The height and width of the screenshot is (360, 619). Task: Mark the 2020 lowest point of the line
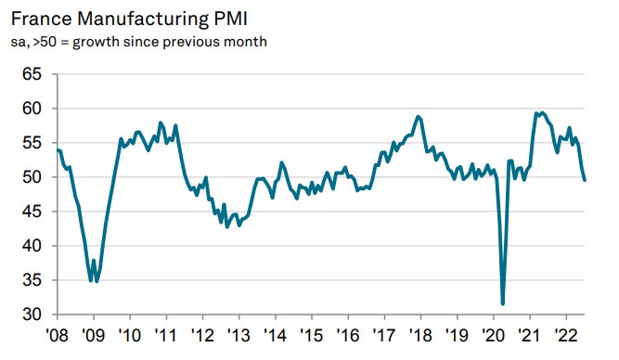[503, 303]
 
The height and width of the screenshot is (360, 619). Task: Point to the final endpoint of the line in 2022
[585, 180]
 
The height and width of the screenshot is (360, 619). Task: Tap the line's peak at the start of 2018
[419, 116]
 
